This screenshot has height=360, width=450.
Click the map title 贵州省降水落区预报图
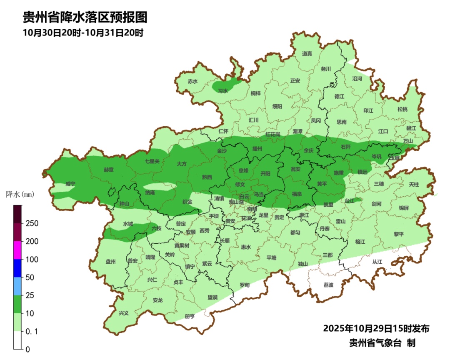(85, 17)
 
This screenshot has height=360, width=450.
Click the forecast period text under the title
(83, 32)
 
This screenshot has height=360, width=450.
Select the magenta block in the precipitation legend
(17, 250)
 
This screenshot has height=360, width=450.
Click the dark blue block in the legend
(17, 268)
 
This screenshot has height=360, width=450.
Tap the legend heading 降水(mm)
(20, 194)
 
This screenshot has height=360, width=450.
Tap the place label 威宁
(70, 184)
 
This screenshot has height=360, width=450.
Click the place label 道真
(307, 53)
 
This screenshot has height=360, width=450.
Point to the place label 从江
(377, 262)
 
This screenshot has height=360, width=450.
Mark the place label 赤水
(192, 82)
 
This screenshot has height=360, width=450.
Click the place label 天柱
(414, 184)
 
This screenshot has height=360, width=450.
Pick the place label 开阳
(265, 173)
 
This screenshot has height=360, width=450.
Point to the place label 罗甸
(245, 285)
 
